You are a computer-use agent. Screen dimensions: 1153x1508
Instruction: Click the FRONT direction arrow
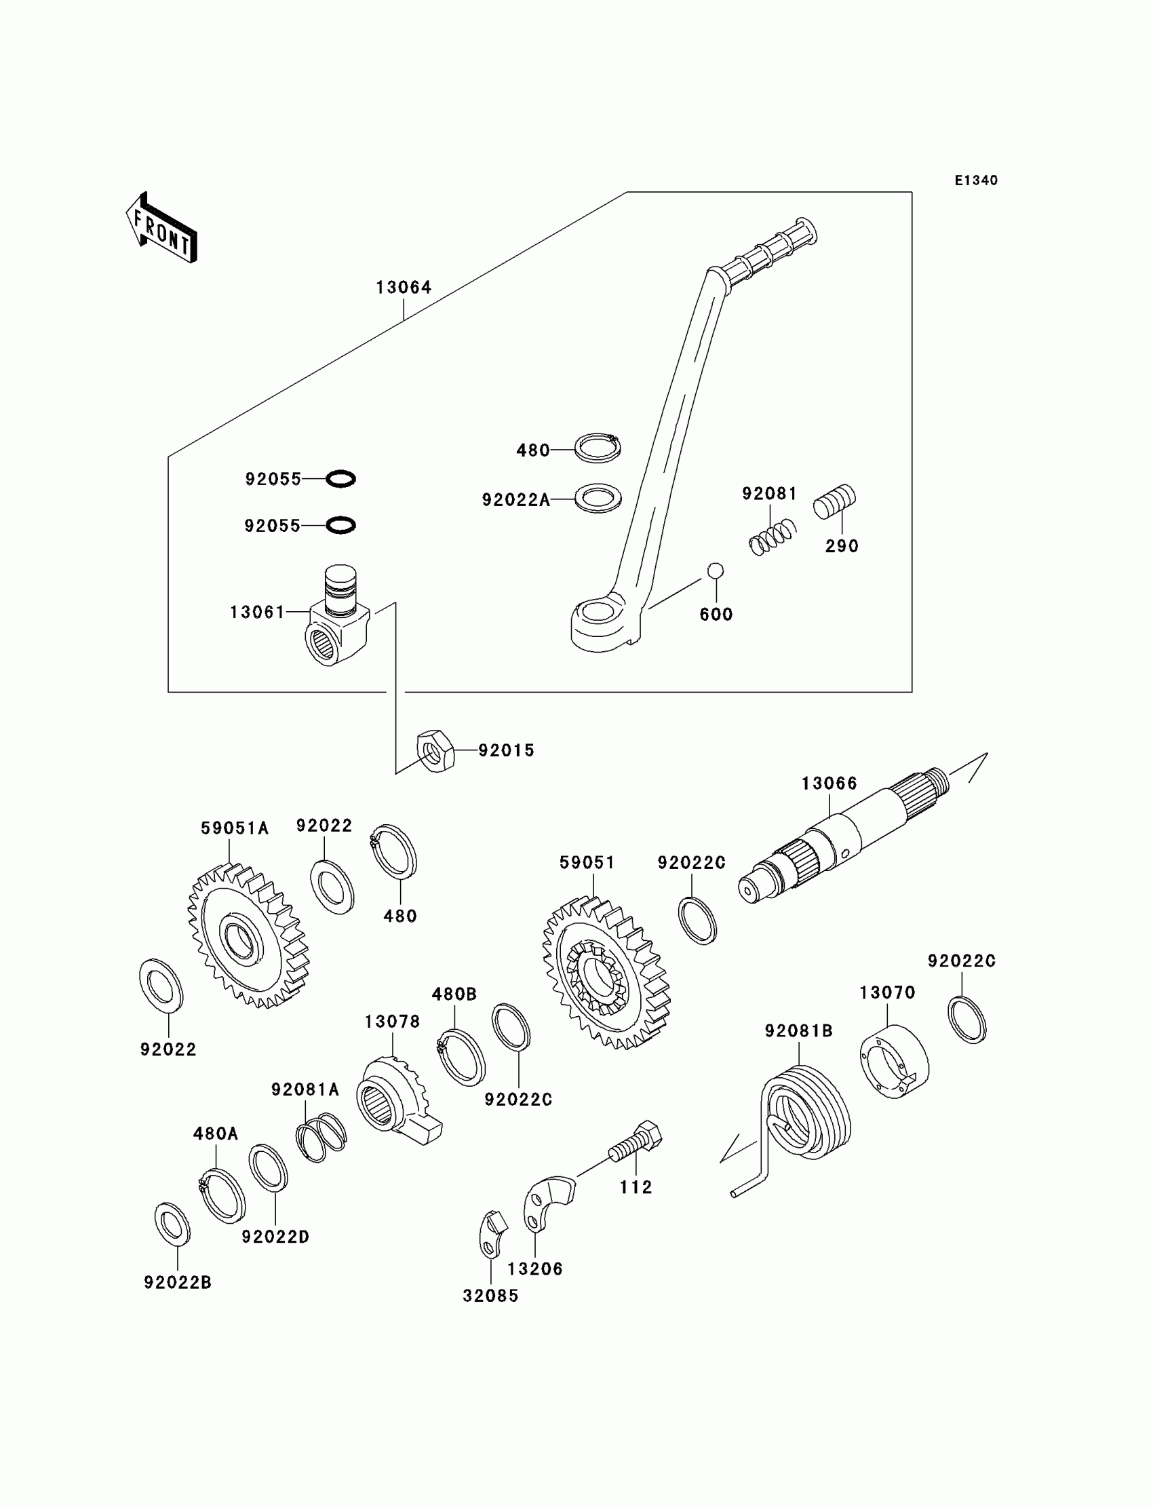(161, 228)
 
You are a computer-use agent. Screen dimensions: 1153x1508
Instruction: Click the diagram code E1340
(976, 180)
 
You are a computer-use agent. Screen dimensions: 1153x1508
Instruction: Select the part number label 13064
(404, 287)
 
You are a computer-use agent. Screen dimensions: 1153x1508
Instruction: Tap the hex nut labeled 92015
(435, 751)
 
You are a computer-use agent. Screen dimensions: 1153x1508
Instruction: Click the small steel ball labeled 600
(715, 571)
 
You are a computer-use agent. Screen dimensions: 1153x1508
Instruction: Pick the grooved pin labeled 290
(834, 502)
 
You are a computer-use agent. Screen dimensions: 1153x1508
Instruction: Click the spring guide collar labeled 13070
(895, 1062)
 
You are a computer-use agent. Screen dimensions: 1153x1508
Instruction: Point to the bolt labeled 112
(636, 1142)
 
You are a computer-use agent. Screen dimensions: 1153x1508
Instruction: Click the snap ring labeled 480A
(222, 1197)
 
